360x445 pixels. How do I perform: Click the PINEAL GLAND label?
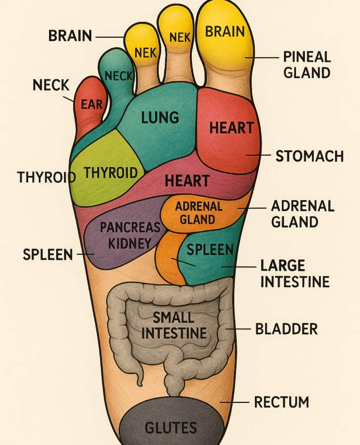[x=307, y=64]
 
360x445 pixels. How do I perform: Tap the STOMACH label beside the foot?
[x=310, y=156]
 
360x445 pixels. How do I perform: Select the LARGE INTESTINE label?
[x=295, y=274]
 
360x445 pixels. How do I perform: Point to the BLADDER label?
[x=286, y=329]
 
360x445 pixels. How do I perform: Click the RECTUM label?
[x=281, y=402]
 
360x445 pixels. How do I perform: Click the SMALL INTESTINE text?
[x=174, y=325]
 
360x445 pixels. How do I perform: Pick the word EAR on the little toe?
[x=92, y=104]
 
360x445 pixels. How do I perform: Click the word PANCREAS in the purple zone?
[x=130, y=227]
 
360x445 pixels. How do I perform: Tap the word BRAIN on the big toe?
[x=225, y=32]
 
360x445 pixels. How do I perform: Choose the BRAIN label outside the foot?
[x=70, y=36]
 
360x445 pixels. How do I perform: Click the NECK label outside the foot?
[x=51, y=85]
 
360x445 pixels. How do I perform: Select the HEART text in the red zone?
[x=231, y=128]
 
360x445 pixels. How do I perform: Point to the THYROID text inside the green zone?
[x=110, y=173]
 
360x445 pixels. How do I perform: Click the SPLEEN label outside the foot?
[x=48, y=254]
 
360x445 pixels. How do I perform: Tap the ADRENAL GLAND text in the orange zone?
[x=198, y=212]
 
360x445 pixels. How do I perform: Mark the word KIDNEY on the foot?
[x=130, y=243]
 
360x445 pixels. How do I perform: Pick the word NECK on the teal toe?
[x=118, y=76]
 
